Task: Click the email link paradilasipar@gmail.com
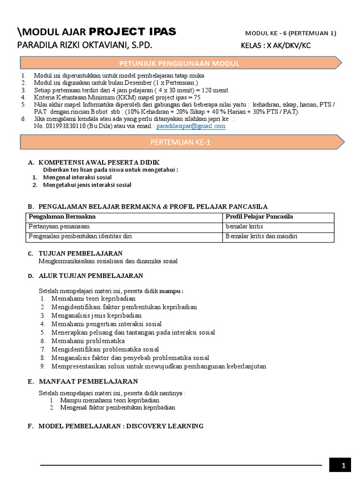[x=191, y=126]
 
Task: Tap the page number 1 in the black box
[x=344, y=465]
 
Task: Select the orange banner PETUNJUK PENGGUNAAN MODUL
[x=180, y=63]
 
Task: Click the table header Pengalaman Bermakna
[x=62, y=217]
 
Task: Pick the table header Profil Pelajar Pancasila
[x=259, y=217]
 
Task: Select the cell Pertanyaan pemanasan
[x=59, y=226]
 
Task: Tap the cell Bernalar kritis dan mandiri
[x=262, y=236]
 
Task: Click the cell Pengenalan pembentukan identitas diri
[x=80, y=236]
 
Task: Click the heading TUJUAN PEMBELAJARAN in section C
[x=81, y=253]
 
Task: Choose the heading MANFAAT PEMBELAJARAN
[x=88, y=382]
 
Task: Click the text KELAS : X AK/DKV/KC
[x=276, y=46]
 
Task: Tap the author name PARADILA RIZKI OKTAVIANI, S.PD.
[x=85, y=46]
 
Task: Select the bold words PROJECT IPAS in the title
[x=133, y=32]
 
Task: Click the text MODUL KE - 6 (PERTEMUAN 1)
[x=291, y=33]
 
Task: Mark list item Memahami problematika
[x=88, y=341]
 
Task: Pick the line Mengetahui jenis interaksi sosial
[x=87, y=185]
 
